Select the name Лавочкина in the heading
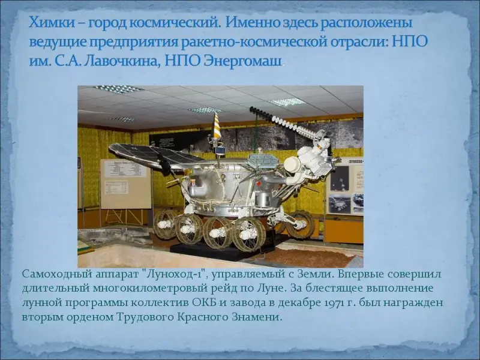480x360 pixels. point(121,61)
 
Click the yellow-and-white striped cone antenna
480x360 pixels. point(217,125)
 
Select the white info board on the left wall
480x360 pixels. point(125,184)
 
